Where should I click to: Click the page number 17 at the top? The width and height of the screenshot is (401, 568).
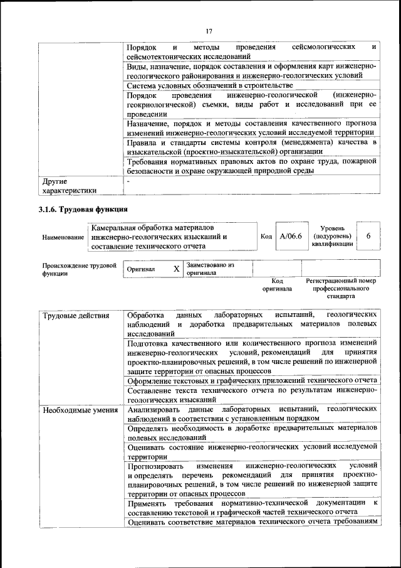tap(209, 29)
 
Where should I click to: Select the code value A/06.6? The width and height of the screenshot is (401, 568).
tap(291, 236)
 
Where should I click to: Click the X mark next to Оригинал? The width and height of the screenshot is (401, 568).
tap(177, 269)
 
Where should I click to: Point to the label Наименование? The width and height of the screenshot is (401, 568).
tap(63, 237)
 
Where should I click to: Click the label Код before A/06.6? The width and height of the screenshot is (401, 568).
tap(266, 236)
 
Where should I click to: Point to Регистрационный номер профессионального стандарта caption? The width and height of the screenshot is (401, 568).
tap(341, 288)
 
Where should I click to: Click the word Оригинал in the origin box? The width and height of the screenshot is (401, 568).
tap(141, 269)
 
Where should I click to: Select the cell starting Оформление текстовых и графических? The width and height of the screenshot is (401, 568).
tap(251, 381)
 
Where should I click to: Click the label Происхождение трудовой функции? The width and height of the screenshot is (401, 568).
tap(79, 269)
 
